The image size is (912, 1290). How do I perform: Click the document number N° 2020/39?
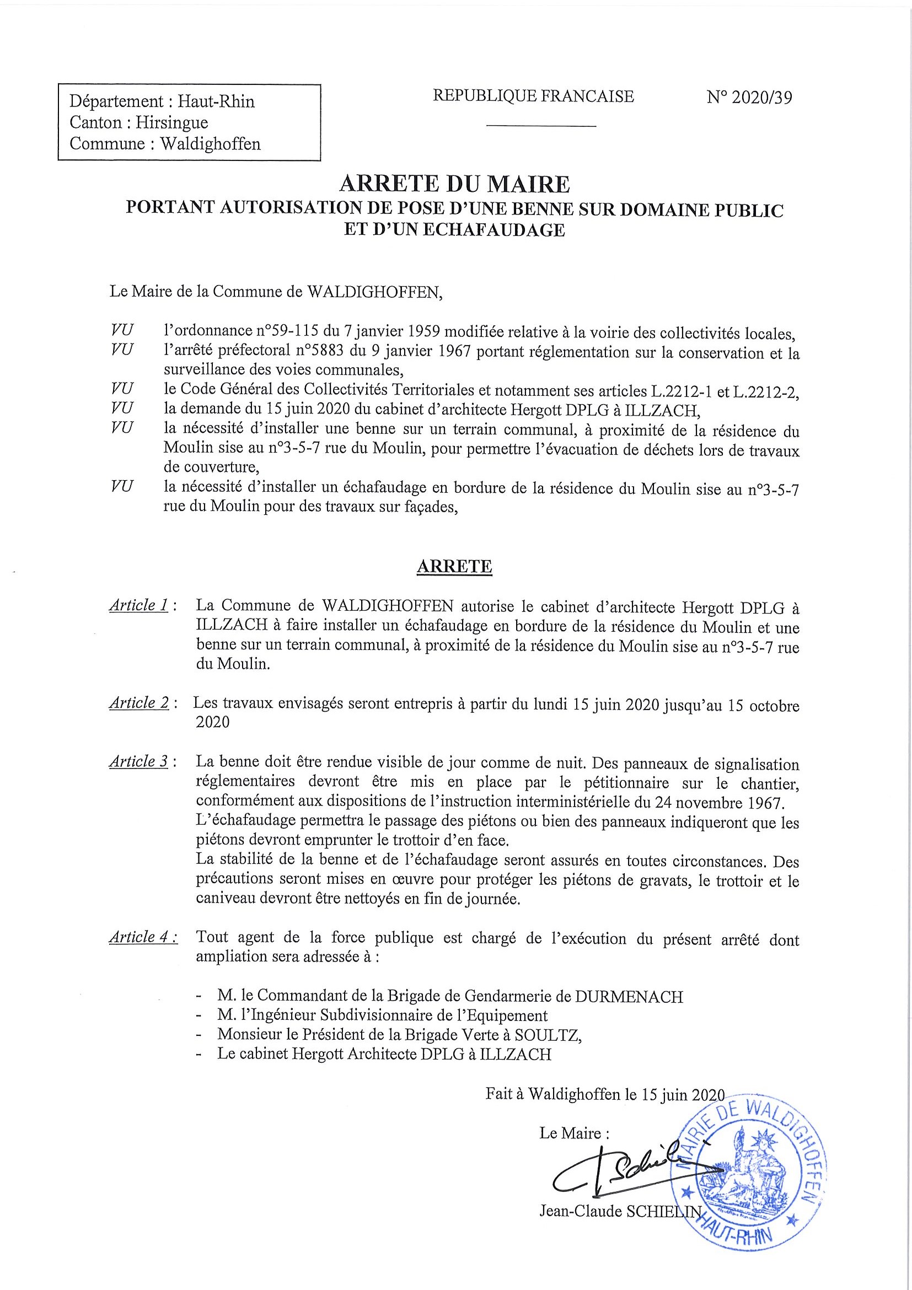click(749, 98)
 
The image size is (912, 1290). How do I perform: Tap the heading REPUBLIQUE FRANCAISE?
click(533, 96)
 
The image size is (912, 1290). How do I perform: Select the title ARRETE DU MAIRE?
click(454, 184)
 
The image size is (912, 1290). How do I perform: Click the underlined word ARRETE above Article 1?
click(454, 566)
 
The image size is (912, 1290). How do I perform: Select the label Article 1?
click(139, 605)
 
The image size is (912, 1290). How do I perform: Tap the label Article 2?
click(139, 703)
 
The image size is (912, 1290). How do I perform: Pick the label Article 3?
click(139, 761)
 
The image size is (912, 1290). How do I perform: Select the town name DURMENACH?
click(629, 997)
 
